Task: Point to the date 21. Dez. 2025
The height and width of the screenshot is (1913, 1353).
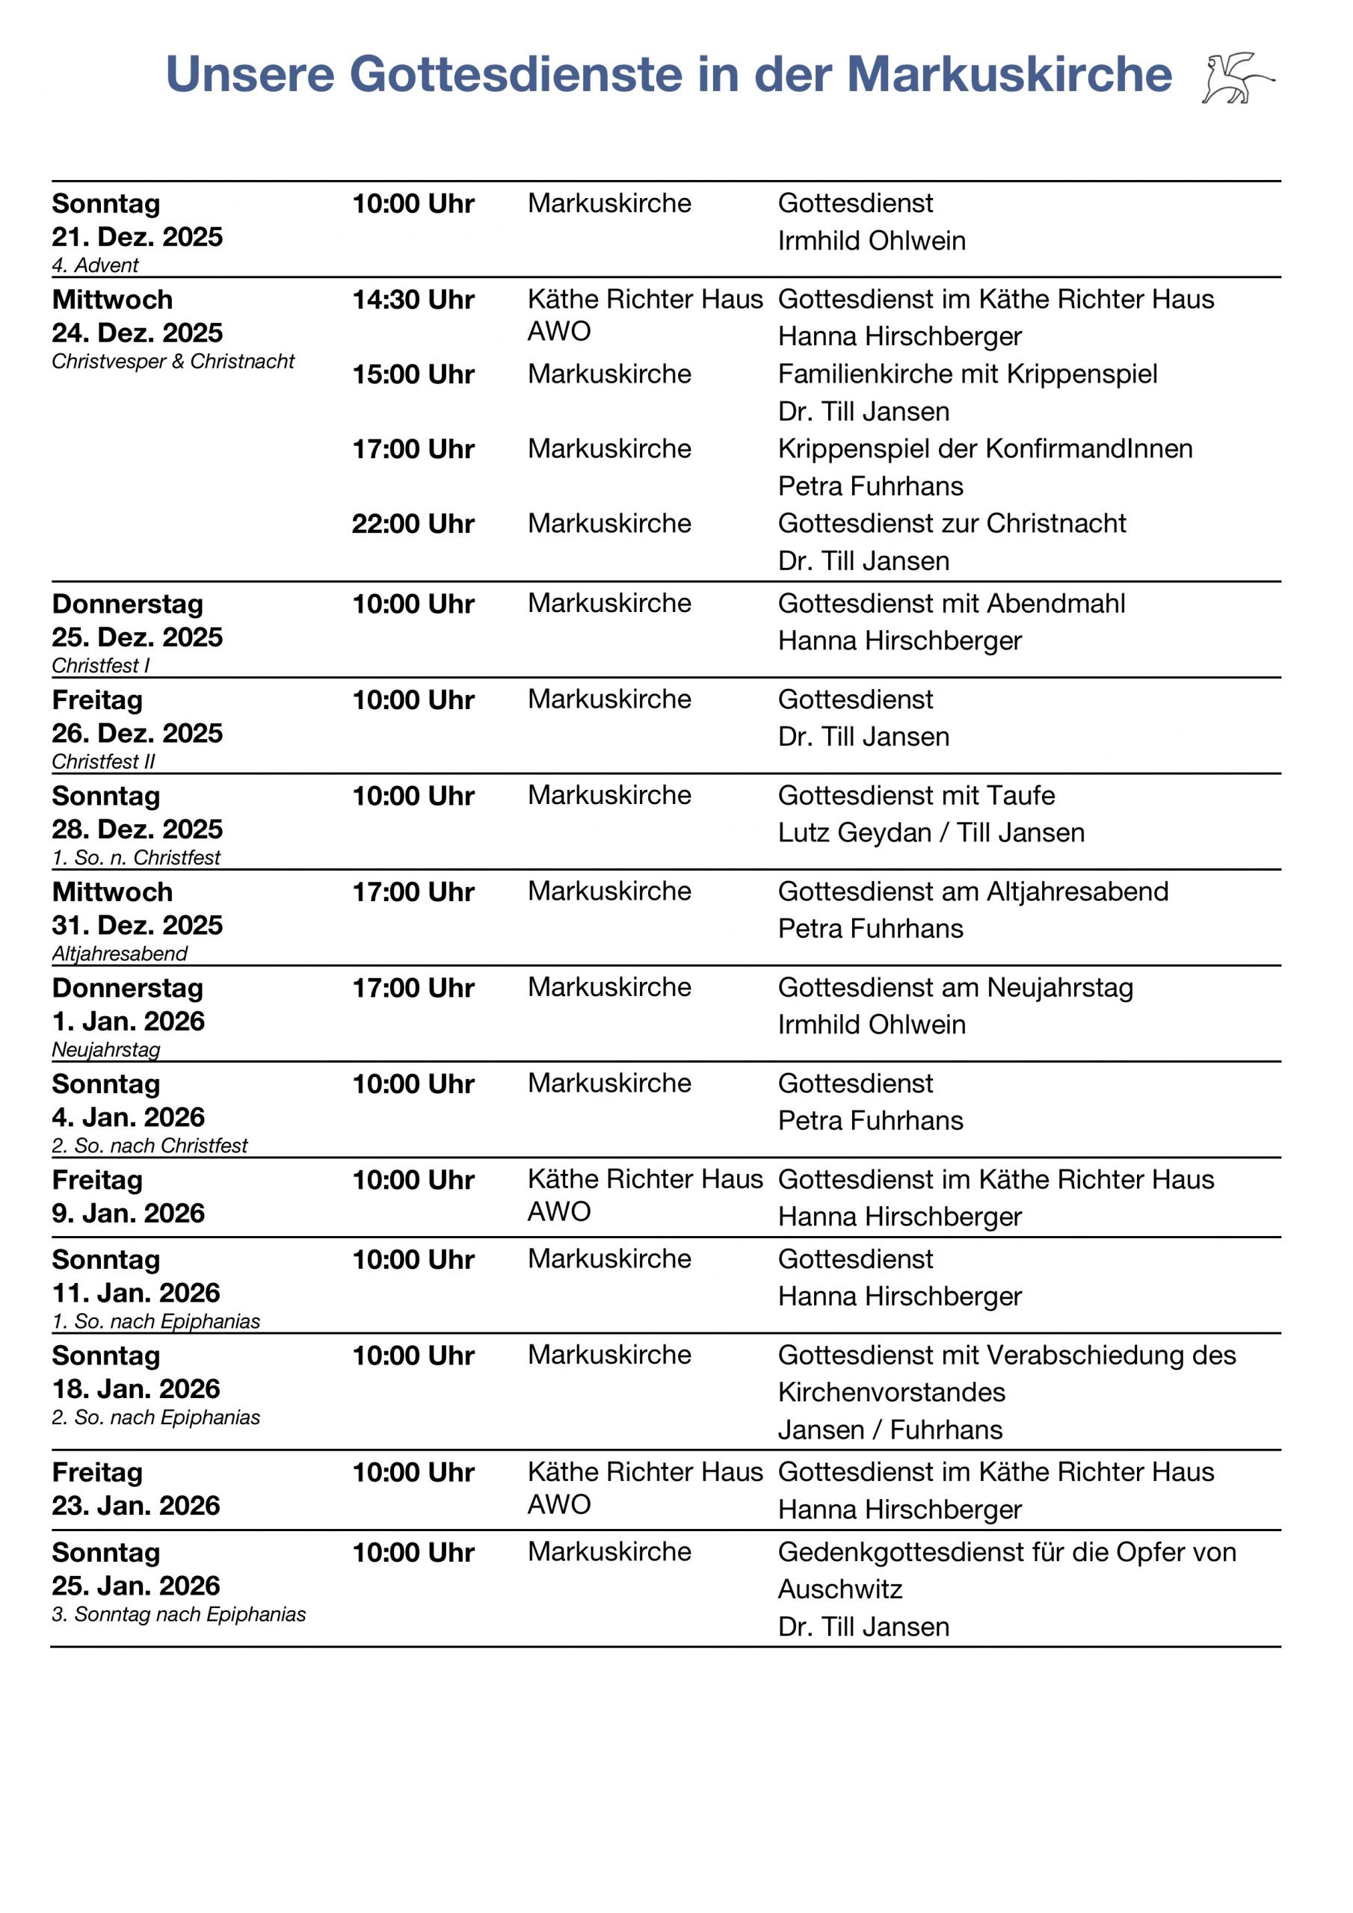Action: (138, 238)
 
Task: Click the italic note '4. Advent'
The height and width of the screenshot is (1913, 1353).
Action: (95, 266)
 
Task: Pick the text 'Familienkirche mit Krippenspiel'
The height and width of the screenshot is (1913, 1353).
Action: (967, 374)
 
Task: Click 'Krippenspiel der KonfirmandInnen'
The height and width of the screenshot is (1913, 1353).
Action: (984, 449)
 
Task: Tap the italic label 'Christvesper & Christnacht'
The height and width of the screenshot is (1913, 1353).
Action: (173, 362)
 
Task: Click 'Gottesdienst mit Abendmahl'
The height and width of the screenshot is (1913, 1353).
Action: (951, 603)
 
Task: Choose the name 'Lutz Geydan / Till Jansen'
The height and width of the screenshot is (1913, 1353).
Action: (931, 832)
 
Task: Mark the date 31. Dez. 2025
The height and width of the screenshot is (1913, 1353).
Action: (138, 926)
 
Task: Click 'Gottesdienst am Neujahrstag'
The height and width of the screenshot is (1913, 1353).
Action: (955, 987)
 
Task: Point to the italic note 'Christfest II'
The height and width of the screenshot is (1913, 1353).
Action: (103, 761)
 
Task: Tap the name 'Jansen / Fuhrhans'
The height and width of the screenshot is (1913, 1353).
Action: (890, 1430)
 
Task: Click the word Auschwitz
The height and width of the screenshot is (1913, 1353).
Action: (839, 1589)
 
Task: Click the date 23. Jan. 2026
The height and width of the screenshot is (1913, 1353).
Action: (136, 1506)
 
